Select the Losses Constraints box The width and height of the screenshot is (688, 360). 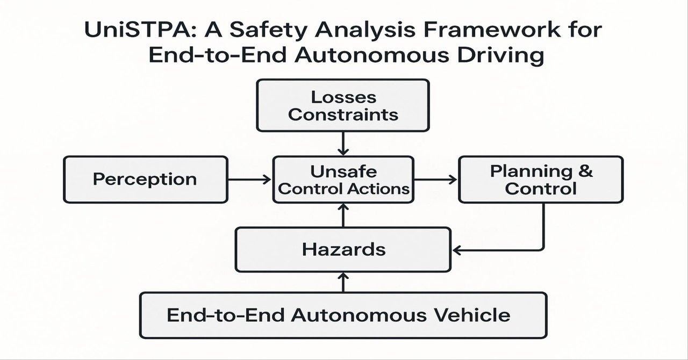click(343, 105)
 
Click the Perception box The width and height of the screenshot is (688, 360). click(145, 179)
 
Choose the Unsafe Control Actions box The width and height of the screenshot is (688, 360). click(343, 179)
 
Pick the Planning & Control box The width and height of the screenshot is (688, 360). click(541, 179)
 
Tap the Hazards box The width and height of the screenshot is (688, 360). click(343, 249)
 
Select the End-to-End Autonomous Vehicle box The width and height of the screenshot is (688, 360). click(343, 314)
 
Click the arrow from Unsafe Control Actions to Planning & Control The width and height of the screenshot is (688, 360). click(435, 179)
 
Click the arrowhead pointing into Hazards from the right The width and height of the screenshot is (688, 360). click(458, 249)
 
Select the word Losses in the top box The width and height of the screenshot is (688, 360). click(343, 97)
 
